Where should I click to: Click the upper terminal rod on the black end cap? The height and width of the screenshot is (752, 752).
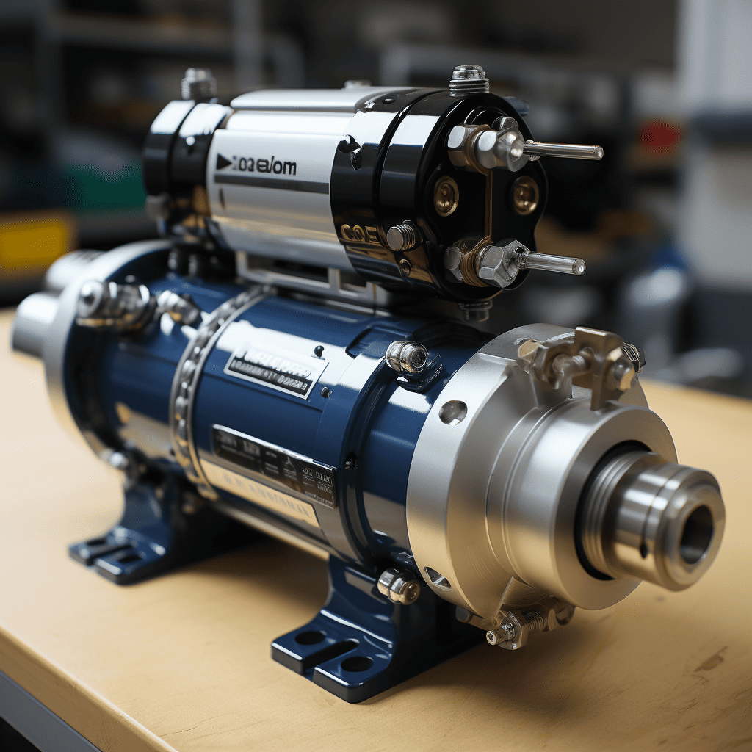563,151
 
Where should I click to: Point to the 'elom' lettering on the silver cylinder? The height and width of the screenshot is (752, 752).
272,166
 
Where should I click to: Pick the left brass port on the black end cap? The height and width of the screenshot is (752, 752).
445,195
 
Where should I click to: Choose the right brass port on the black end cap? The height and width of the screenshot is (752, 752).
524,195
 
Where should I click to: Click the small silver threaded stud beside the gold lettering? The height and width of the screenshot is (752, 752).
401,236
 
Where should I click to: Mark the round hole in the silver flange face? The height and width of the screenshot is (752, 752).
452,412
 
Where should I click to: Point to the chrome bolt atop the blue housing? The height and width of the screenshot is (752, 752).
407,357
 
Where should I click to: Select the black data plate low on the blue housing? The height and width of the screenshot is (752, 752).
275,466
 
